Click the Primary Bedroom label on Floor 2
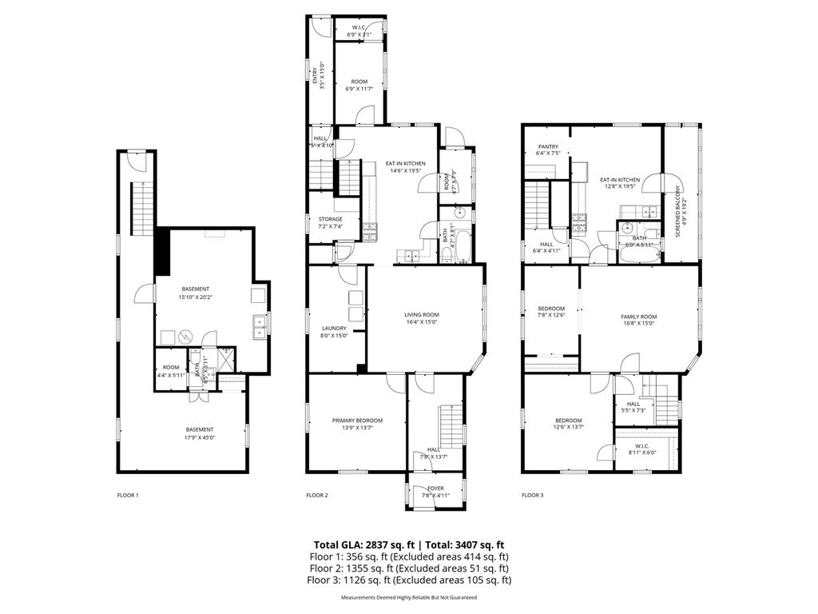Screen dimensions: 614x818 click(357, 424)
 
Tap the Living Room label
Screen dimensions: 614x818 click(421, 318)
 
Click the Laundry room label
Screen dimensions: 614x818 click(334, 332)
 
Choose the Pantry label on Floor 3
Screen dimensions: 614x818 click(548, 150)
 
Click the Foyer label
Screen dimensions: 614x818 click(435, 491)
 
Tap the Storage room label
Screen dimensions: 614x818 click(331, 222)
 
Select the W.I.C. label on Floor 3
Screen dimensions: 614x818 click(642, 449)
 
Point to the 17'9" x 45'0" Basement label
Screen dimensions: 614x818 click(199, 433)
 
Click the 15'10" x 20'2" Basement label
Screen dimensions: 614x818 click(196, 293)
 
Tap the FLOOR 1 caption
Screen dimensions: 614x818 click(128, 496)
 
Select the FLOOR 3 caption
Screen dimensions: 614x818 click(532, 496)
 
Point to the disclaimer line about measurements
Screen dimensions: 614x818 click(409, 597)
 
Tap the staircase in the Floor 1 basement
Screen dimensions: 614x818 click(141, 209)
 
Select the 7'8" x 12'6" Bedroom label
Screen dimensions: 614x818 click(551, 312)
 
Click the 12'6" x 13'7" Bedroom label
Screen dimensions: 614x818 click(569, 424)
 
